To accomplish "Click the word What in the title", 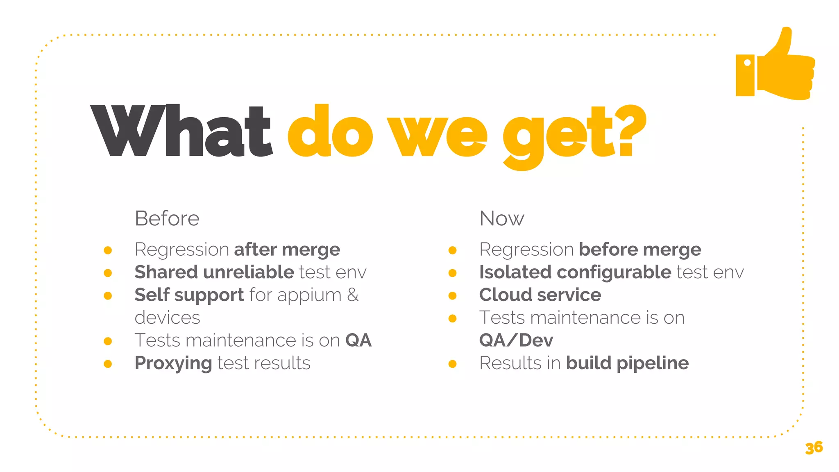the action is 181,131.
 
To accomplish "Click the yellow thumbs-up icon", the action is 775,66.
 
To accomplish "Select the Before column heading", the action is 167,218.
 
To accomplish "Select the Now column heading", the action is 501,218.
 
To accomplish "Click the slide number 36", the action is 814,447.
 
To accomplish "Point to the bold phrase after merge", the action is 287,250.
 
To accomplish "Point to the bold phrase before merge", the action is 639,250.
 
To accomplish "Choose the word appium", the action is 309,295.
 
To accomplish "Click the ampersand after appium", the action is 353,295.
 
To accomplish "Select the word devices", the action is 167,318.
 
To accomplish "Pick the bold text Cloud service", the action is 540,295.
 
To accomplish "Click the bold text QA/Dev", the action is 516,340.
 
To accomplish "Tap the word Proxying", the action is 173,363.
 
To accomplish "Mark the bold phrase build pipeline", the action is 627,363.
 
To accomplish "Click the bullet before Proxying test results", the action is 108,364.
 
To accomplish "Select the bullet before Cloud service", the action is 453,296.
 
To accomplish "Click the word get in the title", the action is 559,135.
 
